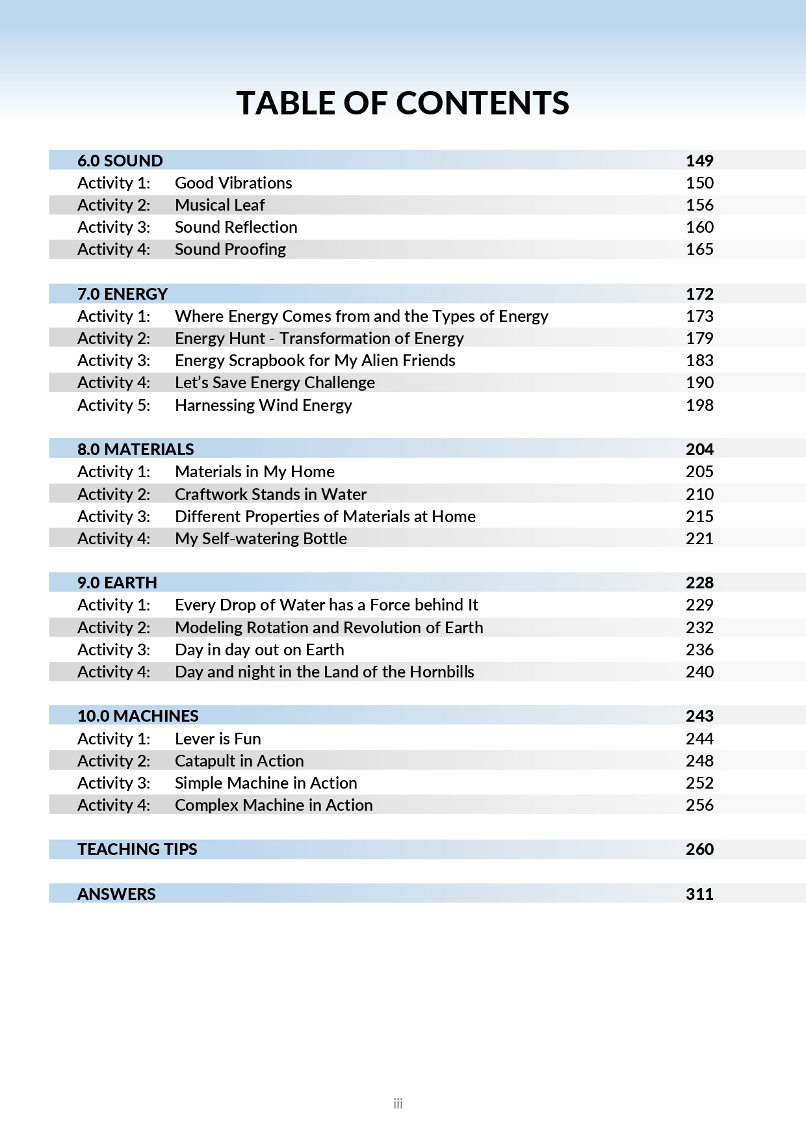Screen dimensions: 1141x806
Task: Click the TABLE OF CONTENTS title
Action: pos(402,103)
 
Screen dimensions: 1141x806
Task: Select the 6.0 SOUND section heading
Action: pos(120,161)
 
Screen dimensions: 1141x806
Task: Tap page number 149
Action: pos(699,161)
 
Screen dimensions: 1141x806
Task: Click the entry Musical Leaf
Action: pos(220,205)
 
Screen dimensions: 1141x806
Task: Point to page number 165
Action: pos(699,249)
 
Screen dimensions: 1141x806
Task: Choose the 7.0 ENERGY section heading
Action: pos(122,294)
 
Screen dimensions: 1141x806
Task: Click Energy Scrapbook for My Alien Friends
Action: pos(315,360)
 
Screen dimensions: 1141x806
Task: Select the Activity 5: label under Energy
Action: pos(114,405)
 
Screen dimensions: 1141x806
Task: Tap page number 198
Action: pos(699,405)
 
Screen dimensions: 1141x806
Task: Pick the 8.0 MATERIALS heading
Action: pos(135,449)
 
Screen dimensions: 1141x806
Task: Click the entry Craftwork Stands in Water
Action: pos(270,494)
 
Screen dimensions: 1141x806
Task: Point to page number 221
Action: pos(699,538)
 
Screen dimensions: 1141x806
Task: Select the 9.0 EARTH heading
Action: pos(117,583)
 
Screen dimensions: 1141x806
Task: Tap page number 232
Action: pos(699,627)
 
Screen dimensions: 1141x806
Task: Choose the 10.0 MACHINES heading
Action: pos(138,716)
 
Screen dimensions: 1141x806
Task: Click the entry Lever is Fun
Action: pos(218,739)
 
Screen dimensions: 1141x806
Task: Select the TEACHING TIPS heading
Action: pos(137,849)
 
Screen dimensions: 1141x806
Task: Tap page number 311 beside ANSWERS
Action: pos(699,894)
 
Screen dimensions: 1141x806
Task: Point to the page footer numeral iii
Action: pos(398,1103)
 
